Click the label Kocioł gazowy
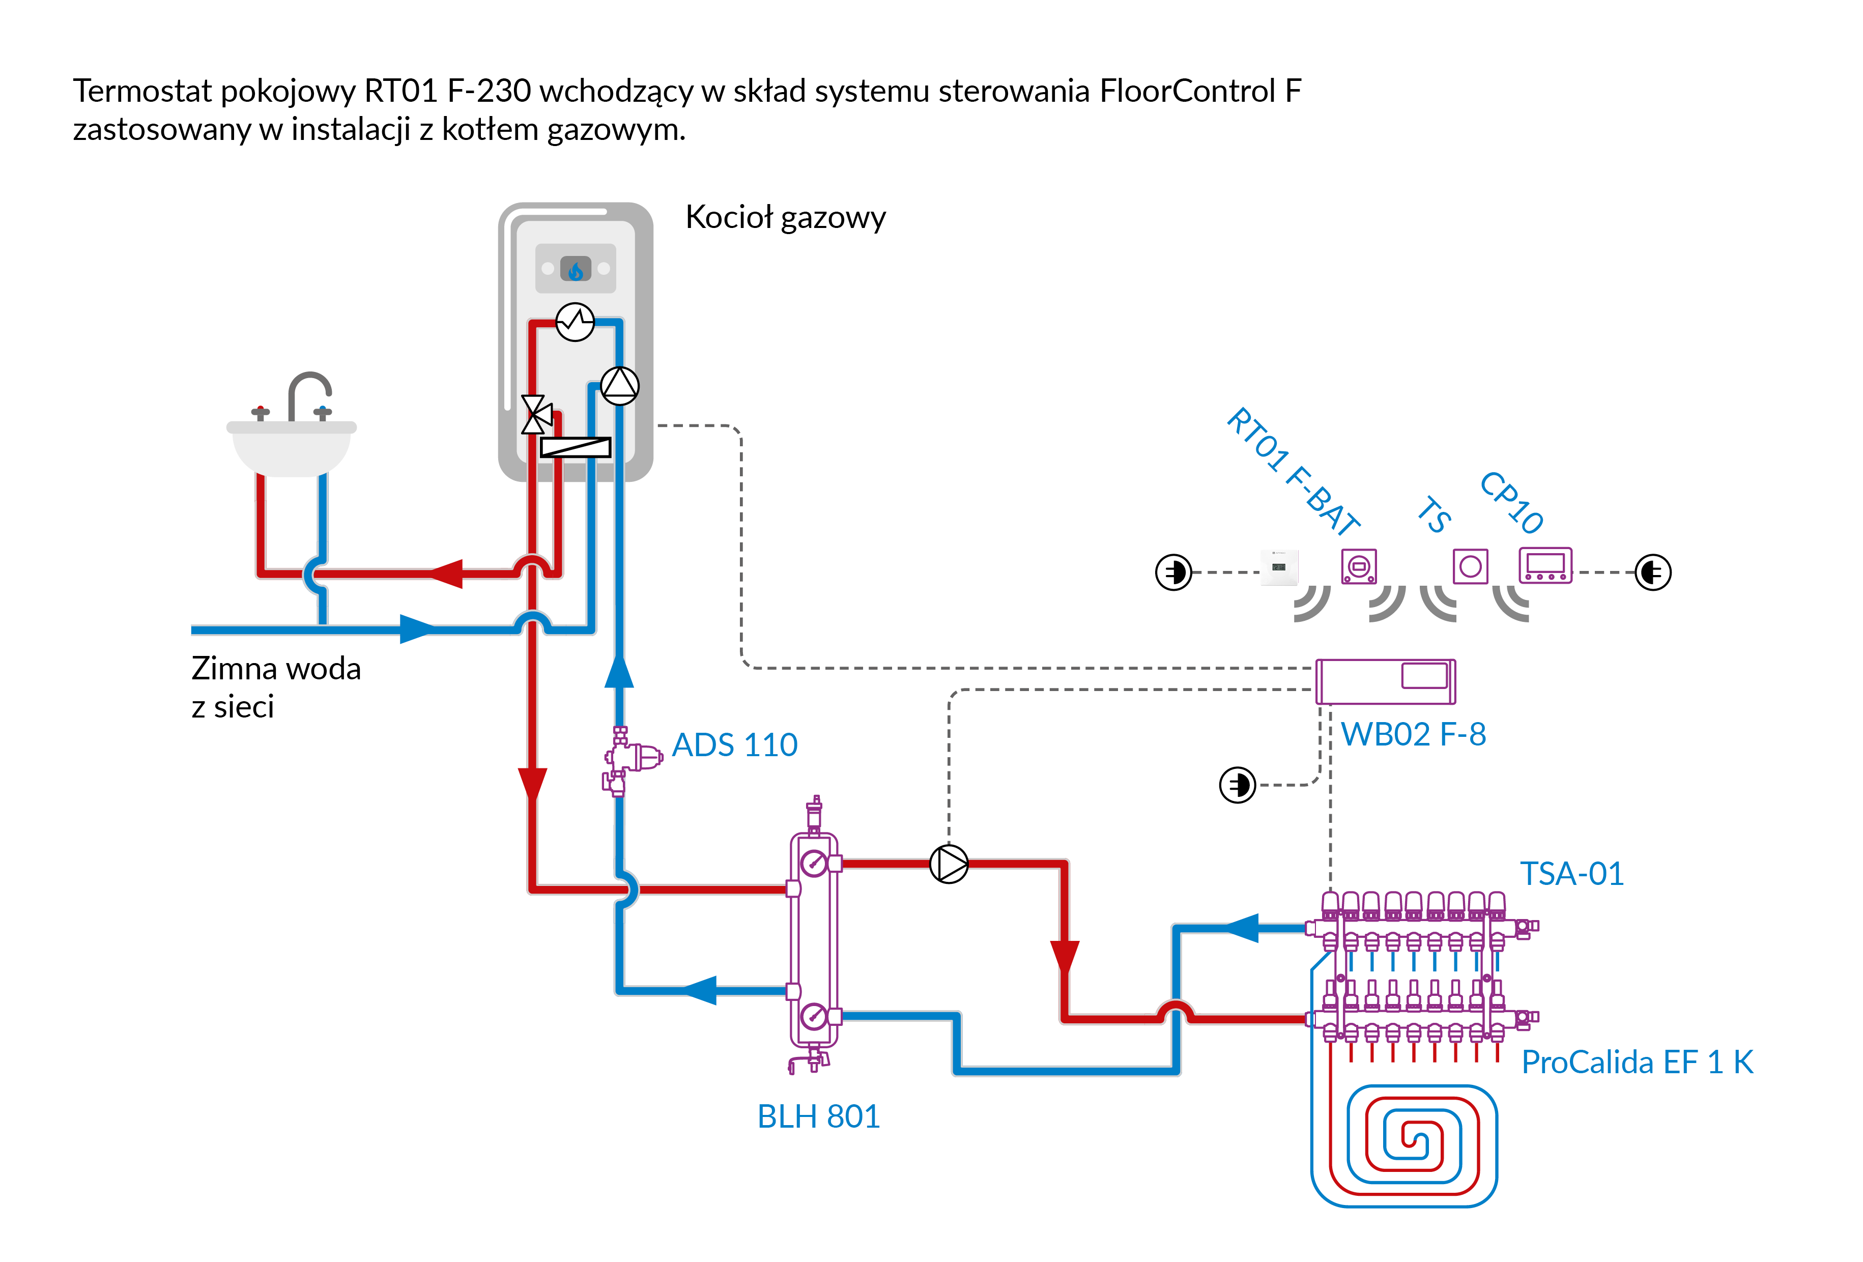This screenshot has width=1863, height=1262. pyautogui.click(x=786, y=217)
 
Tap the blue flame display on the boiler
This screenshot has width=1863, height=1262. pyautogui.click(x=576, y=269)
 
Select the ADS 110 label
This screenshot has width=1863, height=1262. pyautogui.click(x=734, y=745)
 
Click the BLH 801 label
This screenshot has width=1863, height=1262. pyautogui.click(x=818, y=1116)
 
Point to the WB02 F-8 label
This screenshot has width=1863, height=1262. pyautogui.click(x=1413, y=734)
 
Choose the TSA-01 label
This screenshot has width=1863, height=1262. pyautogui.click(x=1572, y=874)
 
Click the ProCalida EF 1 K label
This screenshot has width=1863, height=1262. pyautogui.click(x=1637, y=1063)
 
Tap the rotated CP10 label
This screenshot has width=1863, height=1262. pyautogui.click(x=1511, y=503)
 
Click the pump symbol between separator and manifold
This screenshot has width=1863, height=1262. pyautogui.click(x=949, y=864)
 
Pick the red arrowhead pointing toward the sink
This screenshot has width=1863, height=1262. pyautogui.click(x=446, y=573)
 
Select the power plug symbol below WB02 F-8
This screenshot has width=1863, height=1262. pyautogui.click(x=1238, y=785)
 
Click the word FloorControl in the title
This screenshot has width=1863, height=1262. pyautogui.click(x=1187, y=92)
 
